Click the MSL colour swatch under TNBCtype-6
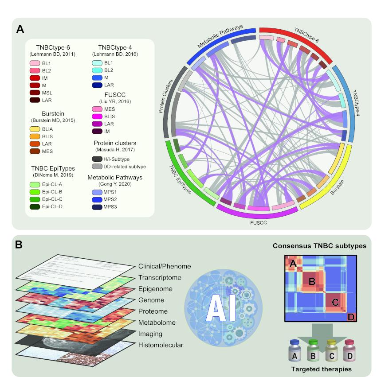[x=35, y=93]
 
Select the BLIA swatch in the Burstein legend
[x=35, y=129]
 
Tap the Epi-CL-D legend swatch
[x=35, y=206]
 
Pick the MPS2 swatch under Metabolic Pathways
[x=97, y=199]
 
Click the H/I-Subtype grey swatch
[x=97, y=159]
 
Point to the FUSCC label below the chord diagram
[x=258, y=223]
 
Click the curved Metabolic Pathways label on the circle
[x=220, y=36]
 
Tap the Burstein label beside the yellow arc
[x=337, y=187]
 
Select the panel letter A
[x=20, y=29]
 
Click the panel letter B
[x=19, y=245]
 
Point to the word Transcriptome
[x=160, y=277]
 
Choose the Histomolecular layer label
[x=161, y=345]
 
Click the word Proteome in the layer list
[x=153, y=311]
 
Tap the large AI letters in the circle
[x=221, y=308]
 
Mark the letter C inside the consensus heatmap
[x=335, y=302]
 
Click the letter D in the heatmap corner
[x=351, y=317]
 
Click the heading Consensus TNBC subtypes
[x=319, y=246]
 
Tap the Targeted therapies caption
[x=322, y=369]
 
